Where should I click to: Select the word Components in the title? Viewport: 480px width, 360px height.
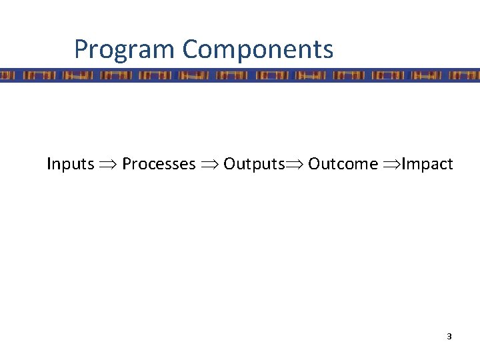(257, 49)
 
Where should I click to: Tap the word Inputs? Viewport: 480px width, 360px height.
(70, 164)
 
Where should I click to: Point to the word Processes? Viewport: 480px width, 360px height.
(159, 164)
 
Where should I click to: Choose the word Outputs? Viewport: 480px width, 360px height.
(254, 164)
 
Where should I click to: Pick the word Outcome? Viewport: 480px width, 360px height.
(343, 164)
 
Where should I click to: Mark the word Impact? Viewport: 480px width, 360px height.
(427, 164)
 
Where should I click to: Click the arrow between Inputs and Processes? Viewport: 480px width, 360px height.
(108, 165)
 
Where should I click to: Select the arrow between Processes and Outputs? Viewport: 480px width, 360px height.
(209, 165)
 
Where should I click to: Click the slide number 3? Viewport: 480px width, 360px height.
(449, 337)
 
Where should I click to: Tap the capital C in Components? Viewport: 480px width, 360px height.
(191, 49)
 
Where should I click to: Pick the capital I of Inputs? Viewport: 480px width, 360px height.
(49, 163)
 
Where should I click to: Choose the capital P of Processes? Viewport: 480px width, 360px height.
(127, 163)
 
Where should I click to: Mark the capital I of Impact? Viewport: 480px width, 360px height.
(403, 163)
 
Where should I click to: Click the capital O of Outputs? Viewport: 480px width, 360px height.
(229, 163)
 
